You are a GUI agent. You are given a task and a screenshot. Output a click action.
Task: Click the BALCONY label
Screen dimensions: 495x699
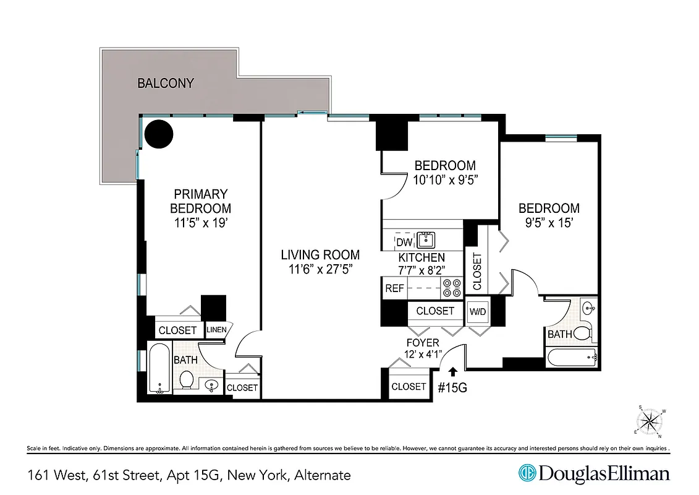pyautogui.click(x=166, y=83)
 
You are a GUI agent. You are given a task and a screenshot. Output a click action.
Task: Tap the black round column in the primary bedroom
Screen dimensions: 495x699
pyautogui.click(x=158, y=133)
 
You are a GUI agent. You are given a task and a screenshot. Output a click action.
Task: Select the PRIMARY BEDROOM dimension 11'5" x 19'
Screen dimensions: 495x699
pyautogui.click(x=200, y=223)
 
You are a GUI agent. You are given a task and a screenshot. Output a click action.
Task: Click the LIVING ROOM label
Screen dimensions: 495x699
pyautogui.click(x=320, y=254)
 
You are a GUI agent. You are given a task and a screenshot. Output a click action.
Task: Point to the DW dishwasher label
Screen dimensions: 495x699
pyautogui.click(x=404, y=242)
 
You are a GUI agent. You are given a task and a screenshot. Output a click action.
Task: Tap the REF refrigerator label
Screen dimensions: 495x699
pyautogui.click(x=394, y=288)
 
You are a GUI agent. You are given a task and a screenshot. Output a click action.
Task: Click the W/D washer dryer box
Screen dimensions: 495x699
pyautogui.click(x=478, y=311)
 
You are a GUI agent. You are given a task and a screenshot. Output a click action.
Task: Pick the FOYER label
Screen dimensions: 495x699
pyautogui.click(x=423, y=343)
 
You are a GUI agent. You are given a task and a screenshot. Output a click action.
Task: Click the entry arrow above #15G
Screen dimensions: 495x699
pyautogui.click(x=452, y=371)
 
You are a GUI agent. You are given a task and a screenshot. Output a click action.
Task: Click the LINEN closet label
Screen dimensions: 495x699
pyautogui.click(x=216, y=330)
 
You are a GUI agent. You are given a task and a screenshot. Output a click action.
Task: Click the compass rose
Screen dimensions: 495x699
pyautogui.click(x=649, y=422)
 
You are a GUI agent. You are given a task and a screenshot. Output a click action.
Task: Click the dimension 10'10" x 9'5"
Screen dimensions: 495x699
pyautogui.click(x=445, y=179)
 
